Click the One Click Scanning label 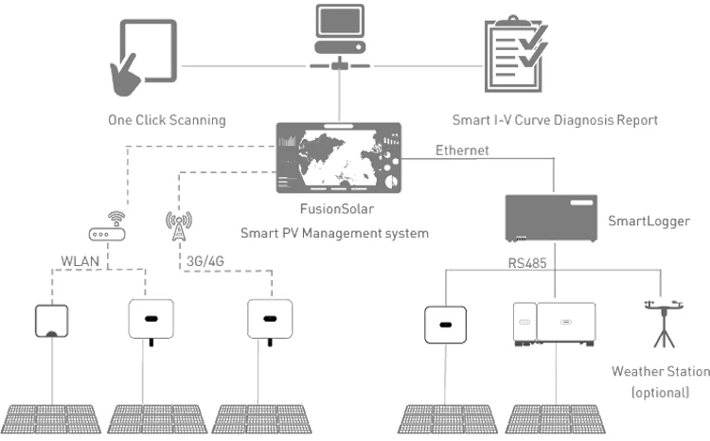point(166,120)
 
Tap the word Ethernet point(463,150)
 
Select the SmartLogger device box point(553,220)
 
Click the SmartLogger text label point(650,220)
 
